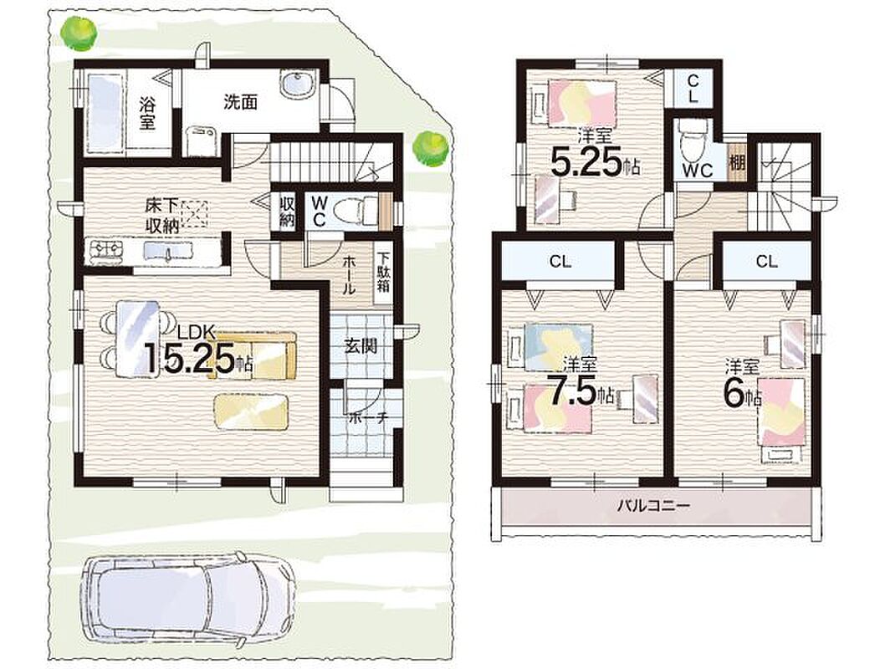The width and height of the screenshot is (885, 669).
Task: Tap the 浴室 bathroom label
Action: [148, 113]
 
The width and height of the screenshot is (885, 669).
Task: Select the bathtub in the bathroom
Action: [105, 112]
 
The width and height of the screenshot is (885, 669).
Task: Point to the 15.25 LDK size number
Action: [191, 356]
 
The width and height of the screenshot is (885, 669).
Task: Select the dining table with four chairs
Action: [137, 339]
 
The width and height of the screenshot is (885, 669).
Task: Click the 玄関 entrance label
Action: [361, 345]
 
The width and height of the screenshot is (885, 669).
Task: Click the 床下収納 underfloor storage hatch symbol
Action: [194, 214]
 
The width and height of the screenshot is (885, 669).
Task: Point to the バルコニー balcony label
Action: [652, 505]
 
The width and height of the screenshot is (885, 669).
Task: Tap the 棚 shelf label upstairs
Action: [737, 164]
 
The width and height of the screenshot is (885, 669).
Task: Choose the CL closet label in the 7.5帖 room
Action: [560, 261]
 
